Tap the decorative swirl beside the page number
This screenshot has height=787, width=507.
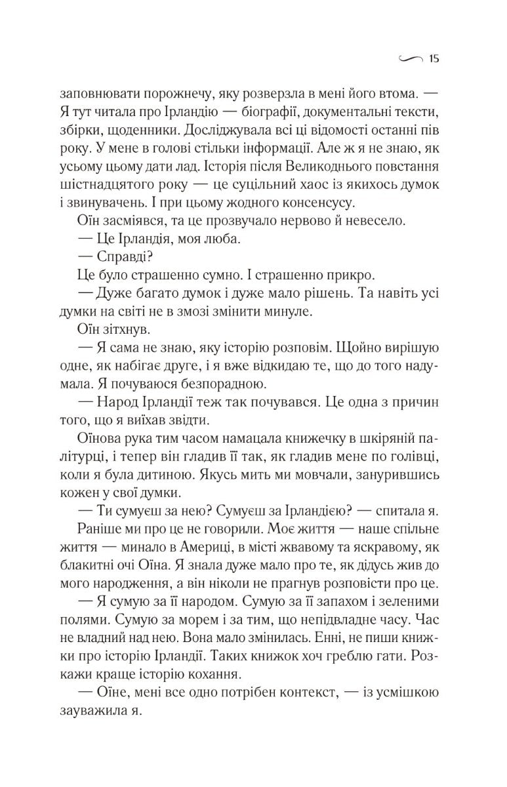pyautogui.click(x=410, y=60)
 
